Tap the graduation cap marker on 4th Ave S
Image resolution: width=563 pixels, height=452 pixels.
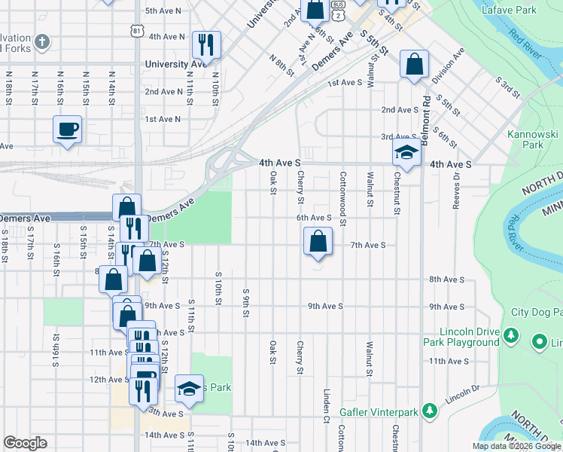[x=406, y=153]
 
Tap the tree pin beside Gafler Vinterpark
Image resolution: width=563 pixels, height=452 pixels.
[x=429, y=411]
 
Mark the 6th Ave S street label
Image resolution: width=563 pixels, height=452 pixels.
[x=314, y=218]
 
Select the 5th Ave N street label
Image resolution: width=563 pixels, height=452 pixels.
[x=163, y=11]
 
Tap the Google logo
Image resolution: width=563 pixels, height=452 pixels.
[x=25, y=443]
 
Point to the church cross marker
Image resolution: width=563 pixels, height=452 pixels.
[x=44, y=41]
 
